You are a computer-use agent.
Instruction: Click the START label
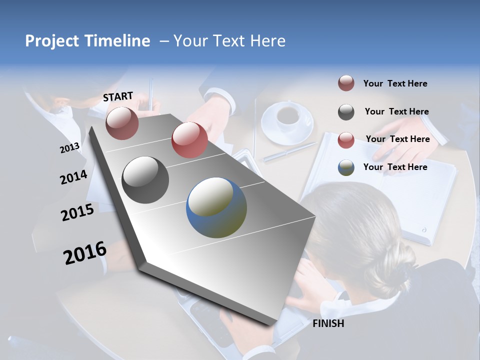(118, 96)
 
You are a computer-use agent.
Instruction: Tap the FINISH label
(328, 323)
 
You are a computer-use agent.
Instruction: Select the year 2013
(69, 147)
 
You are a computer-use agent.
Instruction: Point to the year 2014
(73, 177)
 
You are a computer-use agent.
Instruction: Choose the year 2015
(77, 212)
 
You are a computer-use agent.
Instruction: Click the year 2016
(85, 253)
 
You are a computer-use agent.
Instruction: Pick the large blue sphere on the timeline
(216, 207)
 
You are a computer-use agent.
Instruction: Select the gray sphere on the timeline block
(145, 180)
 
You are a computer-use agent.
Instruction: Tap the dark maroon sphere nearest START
(122, 123)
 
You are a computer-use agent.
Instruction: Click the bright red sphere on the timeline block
(189, 140)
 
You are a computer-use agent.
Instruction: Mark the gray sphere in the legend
(346, 112)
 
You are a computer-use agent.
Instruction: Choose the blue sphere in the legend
(346, 167)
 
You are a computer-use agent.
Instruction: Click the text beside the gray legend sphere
(396, 111)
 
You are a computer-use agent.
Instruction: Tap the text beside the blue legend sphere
(395, 167)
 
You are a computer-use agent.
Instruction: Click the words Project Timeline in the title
(87, 41)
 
